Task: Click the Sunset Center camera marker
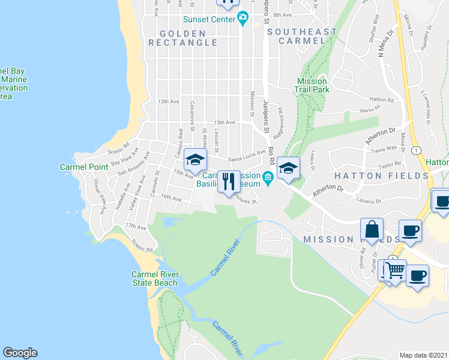click(243, 19)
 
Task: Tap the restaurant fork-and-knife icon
click(228, 182)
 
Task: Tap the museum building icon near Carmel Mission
click(268, 176)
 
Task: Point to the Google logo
click(20, 353)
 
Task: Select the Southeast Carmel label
click(303, 37)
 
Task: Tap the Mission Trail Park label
click(312, 85)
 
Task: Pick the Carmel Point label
click(84, 167)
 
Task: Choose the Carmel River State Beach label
click(155, 279)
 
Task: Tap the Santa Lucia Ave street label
click(246, 155)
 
